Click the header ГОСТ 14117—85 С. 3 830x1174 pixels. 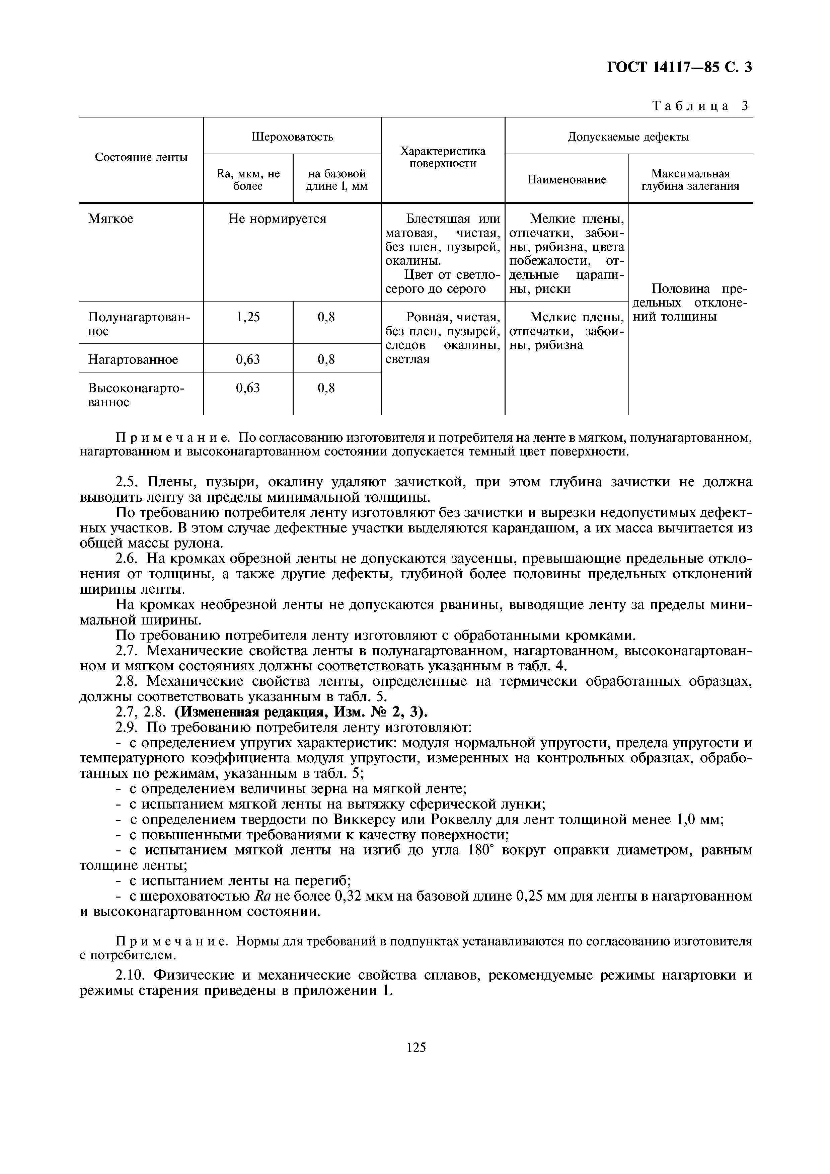tap(679, 68)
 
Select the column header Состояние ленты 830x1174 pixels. tap(141, 158)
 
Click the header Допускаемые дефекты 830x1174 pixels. tap(628, 137)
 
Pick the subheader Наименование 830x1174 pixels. tap(566, 179)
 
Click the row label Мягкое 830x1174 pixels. tap(110, 219)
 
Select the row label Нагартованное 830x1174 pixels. tap(133, 359)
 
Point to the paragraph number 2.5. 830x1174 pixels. tap(126, 482)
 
